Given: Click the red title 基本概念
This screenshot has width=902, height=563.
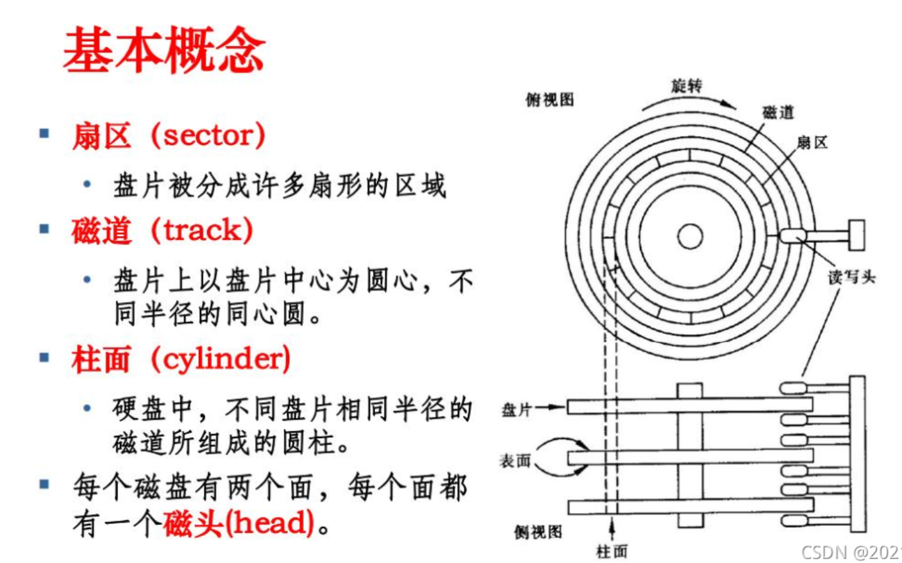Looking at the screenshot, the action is click(164, 50).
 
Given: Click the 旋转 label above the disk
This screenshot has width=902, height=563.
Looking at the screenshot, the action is click(686, 85).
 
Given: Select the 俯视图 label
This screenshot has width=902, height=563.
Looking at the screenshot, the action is click(549, 99).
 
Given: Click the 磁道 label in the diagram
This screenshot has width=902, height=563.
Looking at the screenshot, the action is click(778, 112).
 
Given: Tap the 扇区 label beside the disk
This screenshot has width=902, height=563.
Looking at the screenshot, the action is click(812, 142).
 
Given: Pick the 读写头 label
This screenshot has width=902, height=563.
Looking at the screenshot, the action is click(851, 277).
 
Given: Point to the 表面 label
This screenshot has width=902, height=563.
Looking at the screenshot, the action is click(515, 460).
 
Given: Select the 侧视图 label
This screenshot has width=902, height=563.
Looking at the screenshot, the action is click(537, 532).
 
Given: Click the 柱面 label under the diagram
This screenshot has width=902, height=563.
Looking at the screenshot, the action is click(612, 551).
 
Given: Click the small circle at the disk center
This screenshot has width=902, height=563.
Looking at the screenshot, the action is click(690, 236).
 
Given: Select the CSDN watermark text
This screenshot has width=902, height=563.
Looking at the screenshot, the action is click(850, 552).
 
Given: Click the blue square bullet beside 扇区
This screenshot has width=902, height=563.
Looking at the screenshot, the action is click(44, 133).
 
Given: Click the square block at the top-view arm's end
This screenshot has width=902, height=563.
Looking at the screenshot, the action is click(856, 235).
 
